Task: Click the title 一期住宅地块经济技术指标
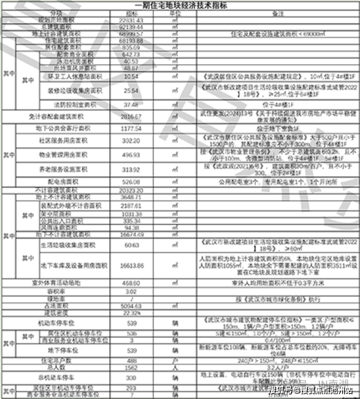pos(180,5)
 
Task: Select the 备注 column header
pos(277,13)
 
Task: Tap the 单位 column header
pos(175,13)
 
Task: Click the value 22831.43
pos(131,19)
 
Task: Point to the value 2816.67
pos(131,116)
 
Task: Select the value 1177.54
pos(131,128)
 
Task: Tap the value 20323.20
pos(131,190)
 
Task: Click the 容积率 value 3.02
pos(131,291)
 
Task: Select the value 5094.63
pos(131,306)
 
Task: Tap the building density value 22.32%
pos(131,313)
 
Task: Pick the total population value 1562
pos(131,368)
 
